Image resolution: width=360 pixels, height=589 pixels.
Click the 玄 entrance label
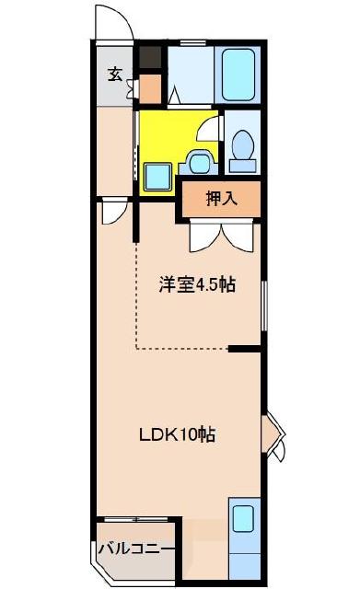[114, 75]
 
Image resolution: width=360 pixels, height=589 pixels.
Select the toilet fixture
[243, 150]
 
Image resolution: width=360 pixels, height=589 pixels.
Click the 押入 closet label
[220, 198]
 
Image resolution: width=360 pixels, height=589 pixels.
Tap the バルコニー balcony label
[136, 549]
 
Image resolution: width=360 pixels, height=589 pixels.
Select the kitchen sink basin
[243, 519]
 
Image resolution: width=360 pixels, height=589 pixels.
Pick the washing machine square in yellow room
[157, 175]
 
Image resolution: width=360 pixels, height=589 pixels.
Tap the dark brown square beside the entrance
[150, 58]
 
